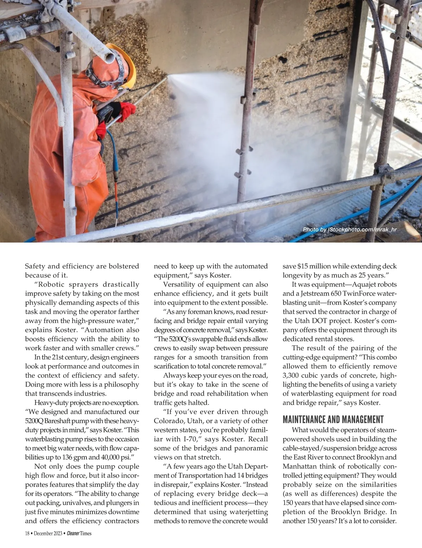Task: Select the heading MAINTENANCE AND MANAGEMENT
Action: click(333, 419)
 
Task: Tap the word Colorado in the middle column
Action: click(170, 421)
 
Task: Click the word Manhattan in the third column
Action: click(300, 466)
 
